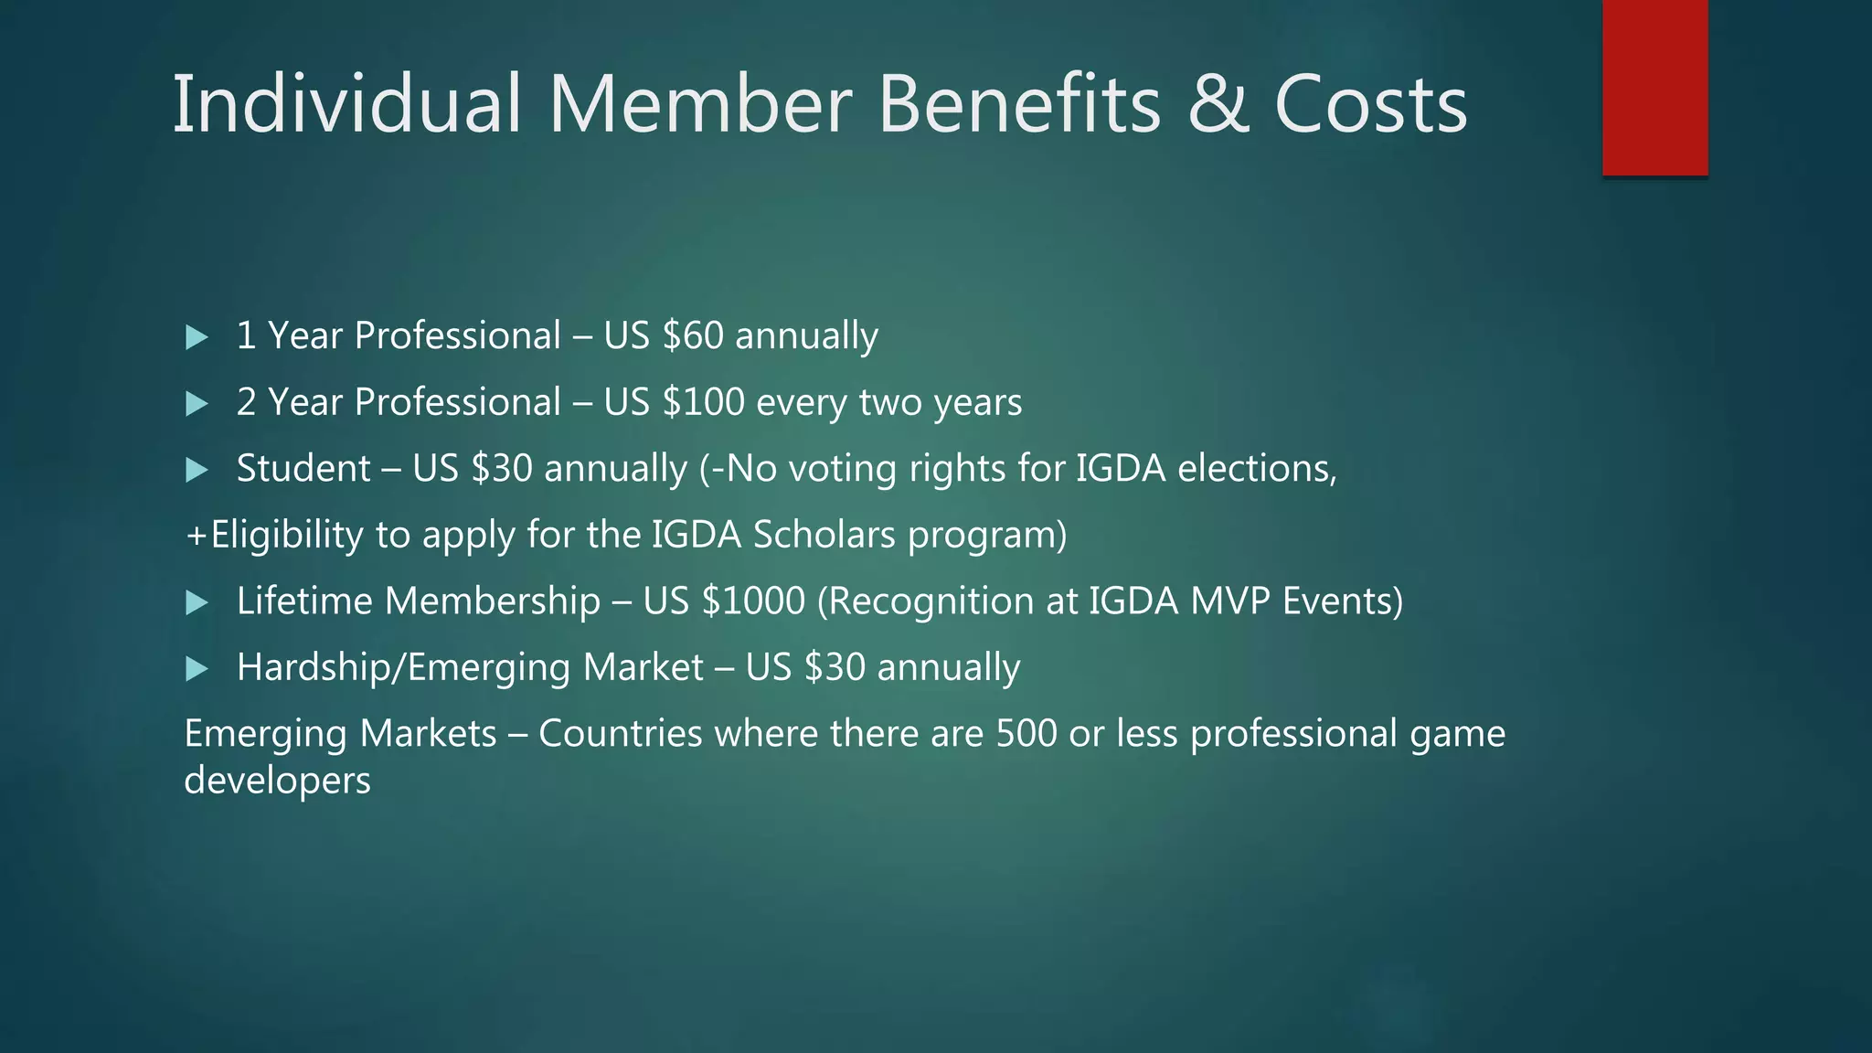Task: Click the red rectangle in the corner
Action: [1654, 88]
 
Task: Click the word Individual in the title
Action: [346, 104]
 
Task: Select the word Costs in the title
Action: [1370, 104]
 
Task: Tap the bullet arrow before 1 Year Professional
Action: [197, 337]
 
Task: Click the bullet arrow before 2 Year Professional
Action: [197, 404]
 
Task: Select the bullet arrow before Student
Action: [197, 470]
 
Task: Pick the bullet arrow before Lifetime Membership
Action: [197, 602]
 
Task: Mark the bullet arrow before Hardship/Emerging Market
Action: [197, 669]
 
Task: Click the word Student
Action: [303, 469]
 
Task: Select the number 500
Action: [1026, 734]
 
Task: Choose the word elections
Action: [1256, 469]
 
